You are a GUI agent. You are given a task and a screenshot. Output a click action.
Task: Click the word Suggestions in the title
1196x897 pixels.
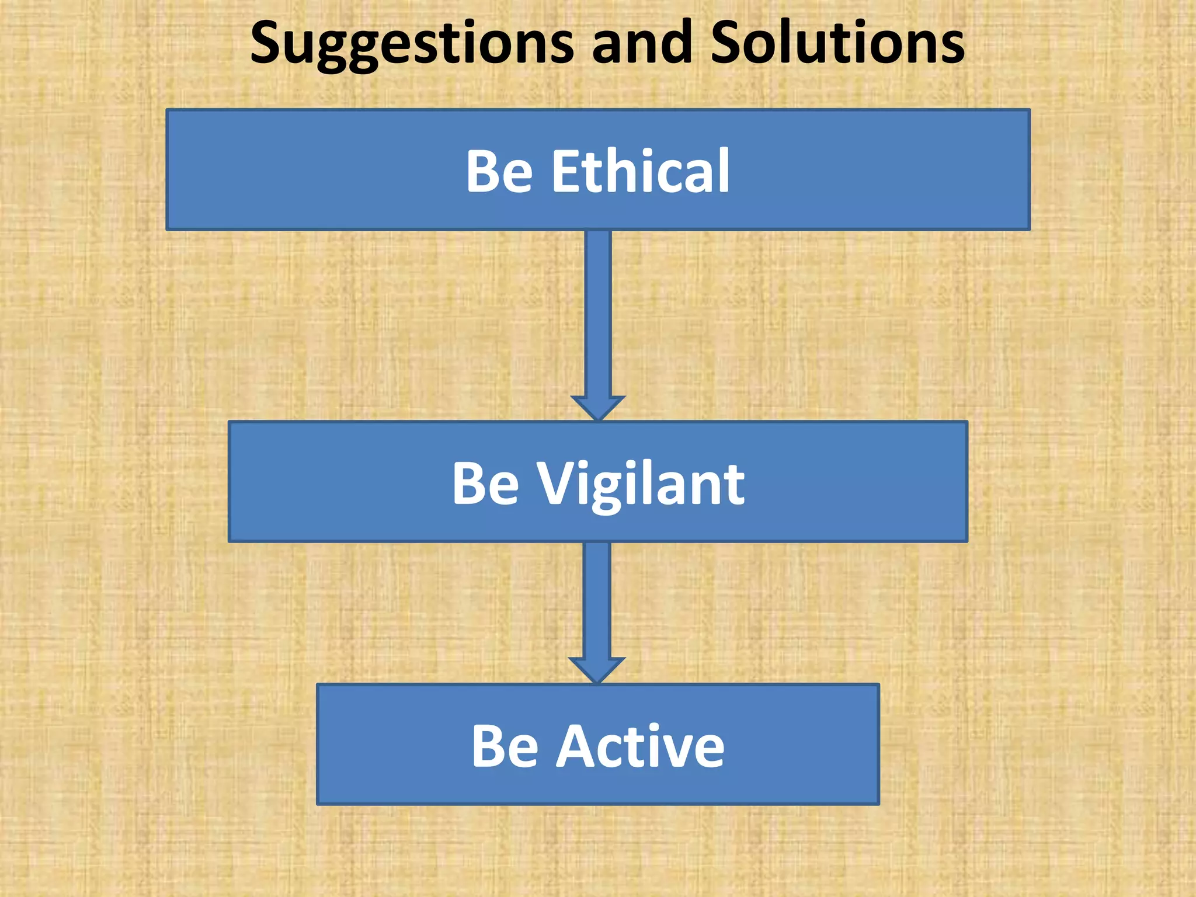point(412,43)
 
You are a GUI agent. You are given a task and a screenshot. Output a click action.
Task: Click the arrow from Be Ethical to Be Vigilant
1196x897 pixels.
point(598,315)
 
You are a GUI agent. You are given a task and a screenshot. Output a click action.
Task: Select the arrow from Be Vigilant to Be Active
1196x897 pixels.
point(597,602)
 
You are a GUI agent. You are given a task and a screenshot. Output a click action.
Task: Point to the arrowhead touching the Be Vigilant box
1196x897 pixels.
point(598,408)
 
